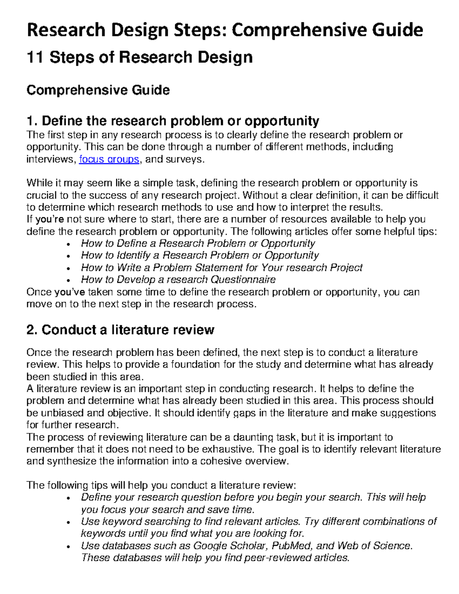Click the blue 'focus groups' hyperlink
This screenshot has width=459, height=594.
[x=109, y=159]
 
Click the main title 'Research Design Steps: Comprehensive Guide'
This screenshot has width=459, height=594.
[x=225, y=29]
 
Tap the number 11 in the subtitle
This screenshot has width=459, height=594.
[x=35, y=58]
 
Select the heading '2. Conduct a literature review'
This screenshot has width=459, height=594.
[x=120, y=330]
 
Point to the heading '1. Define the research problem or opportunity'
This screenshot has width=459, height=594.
[x=173, y=121]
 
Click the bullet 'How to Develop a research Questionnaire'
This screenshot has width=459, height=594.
[x=178, y=280]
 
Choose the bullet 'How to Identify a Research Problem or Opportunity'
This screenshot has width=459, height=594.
[x=200, y=255]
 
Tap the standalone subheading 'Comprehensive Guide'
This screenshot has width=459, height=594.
[x=98, y=90]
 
